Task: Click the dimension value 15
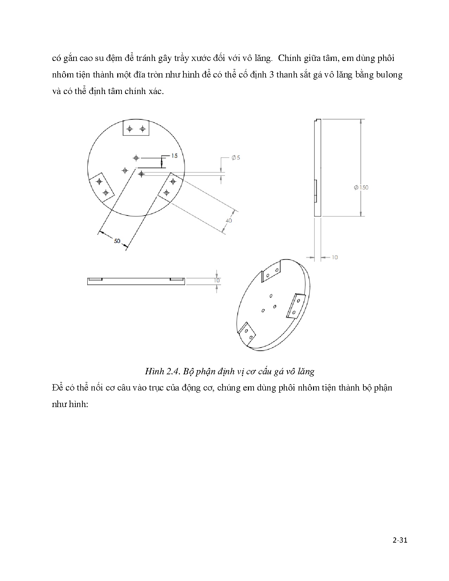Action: click(x=174, y=156)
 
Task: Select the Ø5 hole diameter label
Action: click(x=236, y=158)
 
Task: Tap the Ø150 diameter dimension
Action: click(x=361, y=187)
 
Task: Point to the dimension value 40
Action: click(x=229, y=220)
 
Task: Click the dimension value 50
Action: click(x=117, y=241)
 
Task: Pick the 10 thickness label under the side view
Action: click(x=334, y=257)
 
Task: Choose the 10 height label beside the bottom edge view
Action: click(x=217, y=280)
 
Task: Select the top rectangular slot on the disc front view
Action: click(x=136, y=128)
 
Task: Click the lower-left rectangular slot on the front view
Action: click(x=102, y=187)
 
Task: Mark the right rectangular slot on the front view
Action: click(x=170, y=187)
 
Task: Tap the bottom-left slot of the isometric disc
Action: click(x=248, y=333)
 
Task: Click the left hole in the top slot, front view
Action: click(x=130, y=129)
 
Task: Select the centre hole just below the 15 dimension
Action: click(x=141, y=174)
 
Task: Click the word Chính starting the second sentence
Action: click(x=289, y=58)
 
